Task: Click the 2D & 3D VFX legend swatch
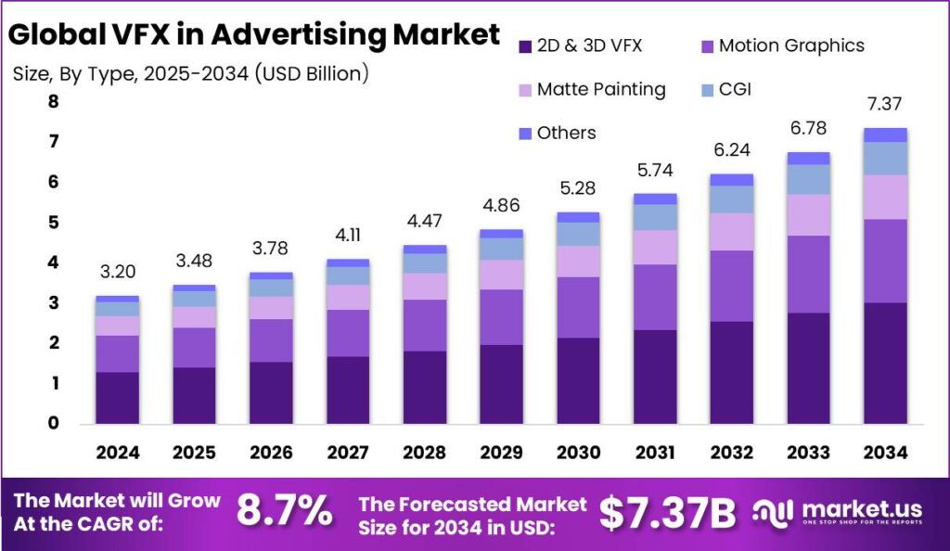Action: tap(526, 45)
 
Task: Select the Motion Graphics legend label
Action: tap(791, 45)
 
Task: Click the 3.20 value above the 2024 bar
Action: tap(117, 273)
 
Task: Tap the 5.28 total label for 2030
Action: tap(577, 189)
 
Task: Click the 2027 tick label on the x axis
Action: tap(347, 452)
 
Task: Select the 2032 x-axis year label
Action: tap(730, 452)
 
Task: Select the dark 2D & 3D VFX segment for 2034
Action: tap(884, 363)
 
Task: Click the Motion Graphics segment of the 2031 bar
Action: tap(654, 297)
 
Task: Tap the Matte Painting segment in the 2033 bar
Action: tap(807, 214)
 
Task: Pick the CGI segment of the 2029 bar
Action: tap(501, 249)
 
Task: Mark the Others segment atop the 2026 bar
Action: tap(271, 275)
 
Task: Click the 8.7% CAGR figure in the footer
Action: tap(285, 511)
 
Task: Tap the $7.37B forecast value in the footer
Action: tap(667, 512)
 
